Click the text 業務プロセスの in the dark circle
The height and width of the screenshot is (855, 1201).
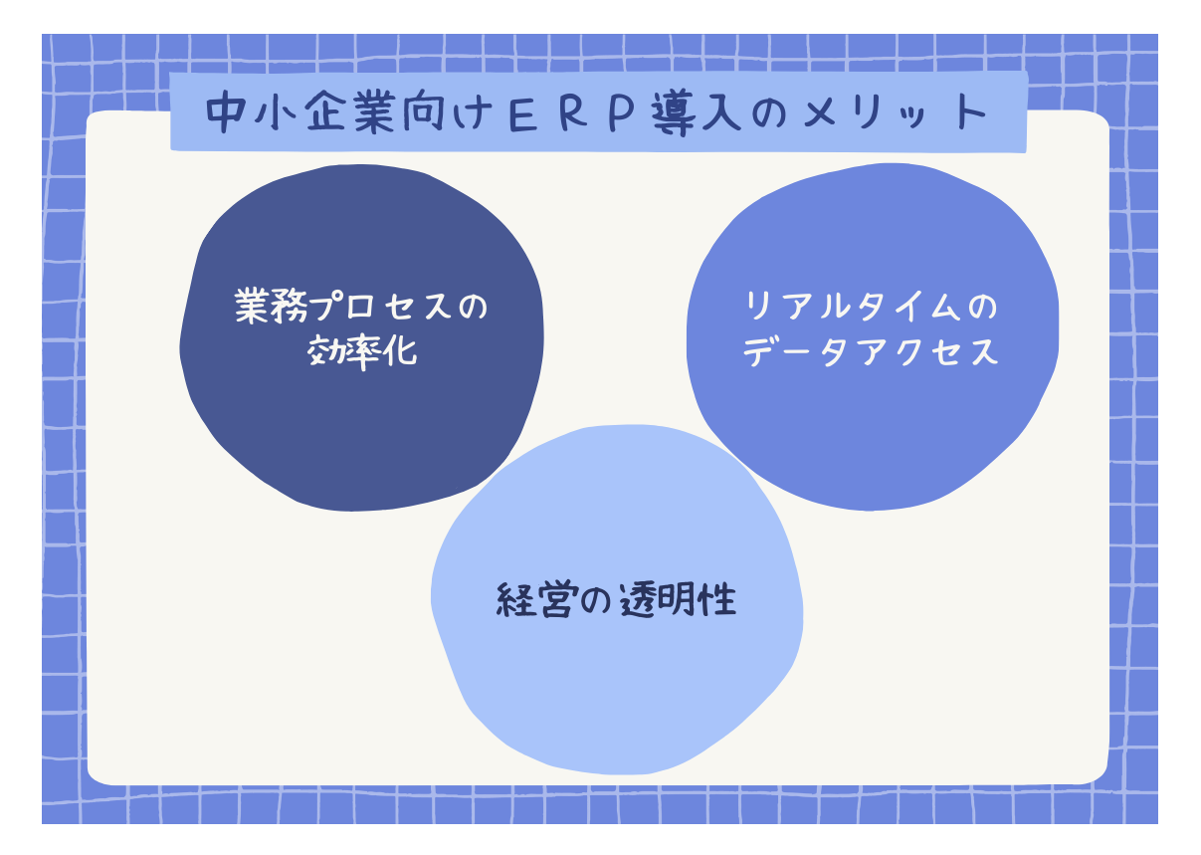361,307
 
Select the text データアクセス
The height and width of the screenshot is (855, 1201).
870,352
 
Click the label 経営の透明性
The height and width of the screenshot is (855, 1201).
616,601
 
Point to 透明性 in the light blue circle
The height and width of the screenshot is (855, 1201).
683,601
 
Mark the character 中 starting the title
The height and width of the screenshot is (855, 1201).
224,112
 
